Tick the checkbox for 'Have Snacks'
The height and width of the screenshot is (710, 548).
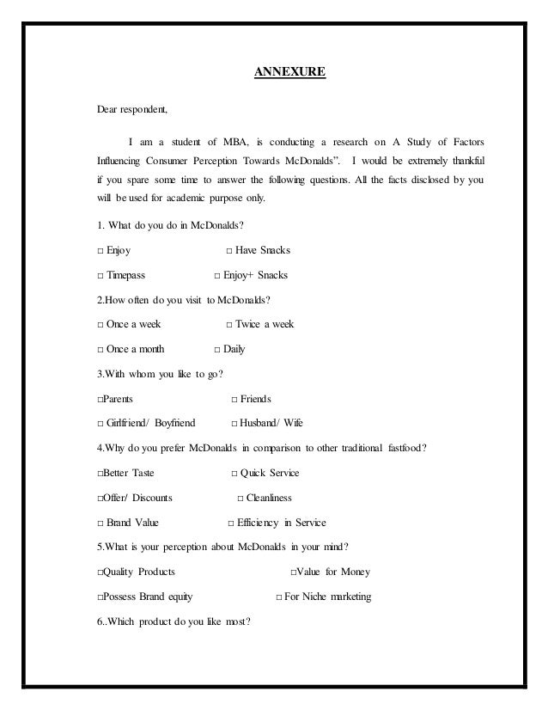click(228, 251)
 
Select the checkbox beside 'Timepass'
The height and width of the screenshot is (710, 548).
click(100, 275)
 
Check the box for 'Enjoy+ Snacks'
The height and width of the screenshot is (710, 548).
click(216, 275)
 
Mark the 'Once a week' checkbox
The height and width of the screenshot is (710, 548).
click(100, 324)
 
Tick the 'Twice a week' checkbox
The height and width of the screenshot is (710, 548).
click(228, 324)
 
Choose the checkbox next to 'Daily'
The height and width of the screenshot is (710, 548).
click(216, 349)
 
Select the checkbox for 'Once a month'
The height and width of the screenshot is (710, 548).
click(100, 349)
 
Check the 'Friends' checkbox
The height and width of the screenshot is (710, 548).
click(235, 399)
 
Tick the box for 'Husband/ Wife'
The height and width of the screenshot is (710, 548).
click(235, 424)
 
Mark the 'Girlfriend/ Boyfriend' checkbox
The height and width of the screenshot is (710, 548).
click(100, 424)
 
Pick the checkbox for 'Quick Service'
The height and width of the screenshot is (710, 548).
click(235, 473)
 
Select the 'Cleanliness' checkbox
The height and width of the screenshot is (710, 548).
click(241, 498)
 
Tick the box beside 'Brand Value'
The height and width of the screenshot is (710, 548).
click(100, 523)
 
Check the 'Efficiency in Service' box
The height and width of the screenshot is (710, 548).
click(230, 523)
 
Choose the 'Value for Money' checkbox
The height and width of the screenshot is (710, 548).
click(294, 572)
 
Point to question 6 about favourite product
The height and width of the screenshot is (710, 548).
click(173, 621)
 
